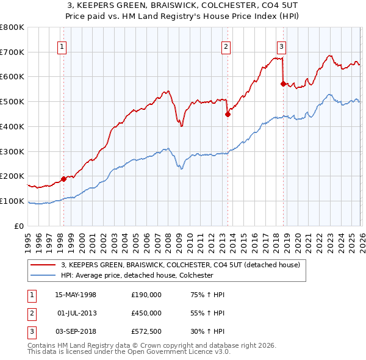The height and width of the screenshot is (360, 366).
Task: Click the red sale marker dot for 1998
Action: [63, 179]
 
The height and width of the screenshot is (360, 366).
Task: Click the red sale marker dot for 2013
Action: [228, 114]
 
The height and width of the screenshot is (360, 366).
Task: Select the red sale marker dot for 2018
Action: [283, 84]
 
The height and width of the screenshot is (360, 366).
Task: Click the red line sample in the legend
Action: [43, 265]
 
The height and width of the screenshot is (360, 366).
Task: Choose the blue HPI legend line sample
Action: [43, 276]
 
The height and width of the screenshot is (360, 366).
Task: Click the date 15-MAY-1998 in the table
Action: [76, 295]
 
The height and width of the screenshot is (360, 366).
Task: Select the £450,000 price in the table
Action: [146, 313]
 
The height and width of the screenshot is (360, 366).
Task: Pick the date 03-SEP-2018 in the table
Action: [76, 331]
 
